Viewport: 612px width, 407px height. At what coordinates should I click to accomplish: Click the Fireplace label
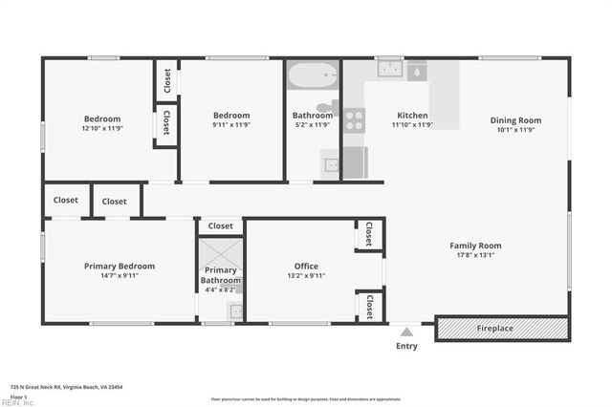[x=495, y=329]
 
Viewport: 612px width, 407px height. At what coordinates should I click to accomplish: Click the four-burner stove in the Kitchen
[x=354, y=119]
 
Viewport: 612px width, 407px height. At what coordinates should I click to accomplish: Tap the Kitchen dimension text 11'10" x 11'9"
[x=412, y=125]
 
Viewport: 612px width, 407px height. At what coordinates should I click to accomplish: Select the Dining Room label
[x=515, y=120]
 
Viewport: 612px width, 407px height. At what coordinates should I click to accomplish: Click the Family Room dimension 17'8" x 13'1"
[x=475, y=256]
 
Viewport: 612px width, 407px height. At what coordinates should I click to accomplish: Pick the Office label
[x=306, y=267]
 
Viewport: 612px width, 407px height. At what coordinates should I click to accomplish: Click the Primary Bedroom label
[x=120, y=267]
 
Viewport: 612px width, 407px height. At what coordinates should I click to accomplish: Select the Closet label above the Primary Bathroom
[x=220, y=226]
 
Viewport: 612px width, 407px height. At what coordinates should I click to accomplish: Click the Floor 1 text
[x=18, y=396]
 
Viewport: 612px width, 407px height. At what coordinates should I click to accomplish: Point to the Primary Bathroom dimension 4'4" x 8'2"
[x=220, y=289]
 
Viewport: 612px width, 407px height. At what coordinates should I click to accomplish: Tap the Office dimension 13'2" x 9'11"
[x=306, y=276]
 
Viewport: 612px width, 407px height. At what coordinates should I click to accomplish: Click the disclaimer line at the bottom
[x=306, y=399]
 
